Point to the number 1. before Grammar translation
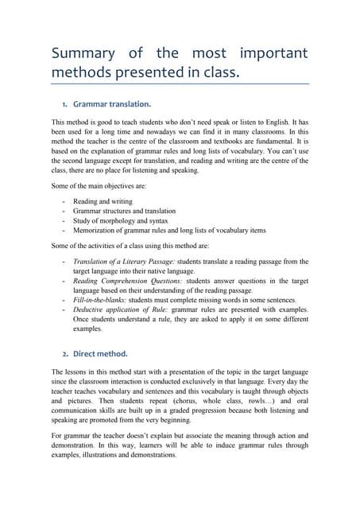coord(64,103)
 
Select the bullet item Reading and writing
coord(103,202)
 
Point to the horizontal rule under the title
coord(180,84)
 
